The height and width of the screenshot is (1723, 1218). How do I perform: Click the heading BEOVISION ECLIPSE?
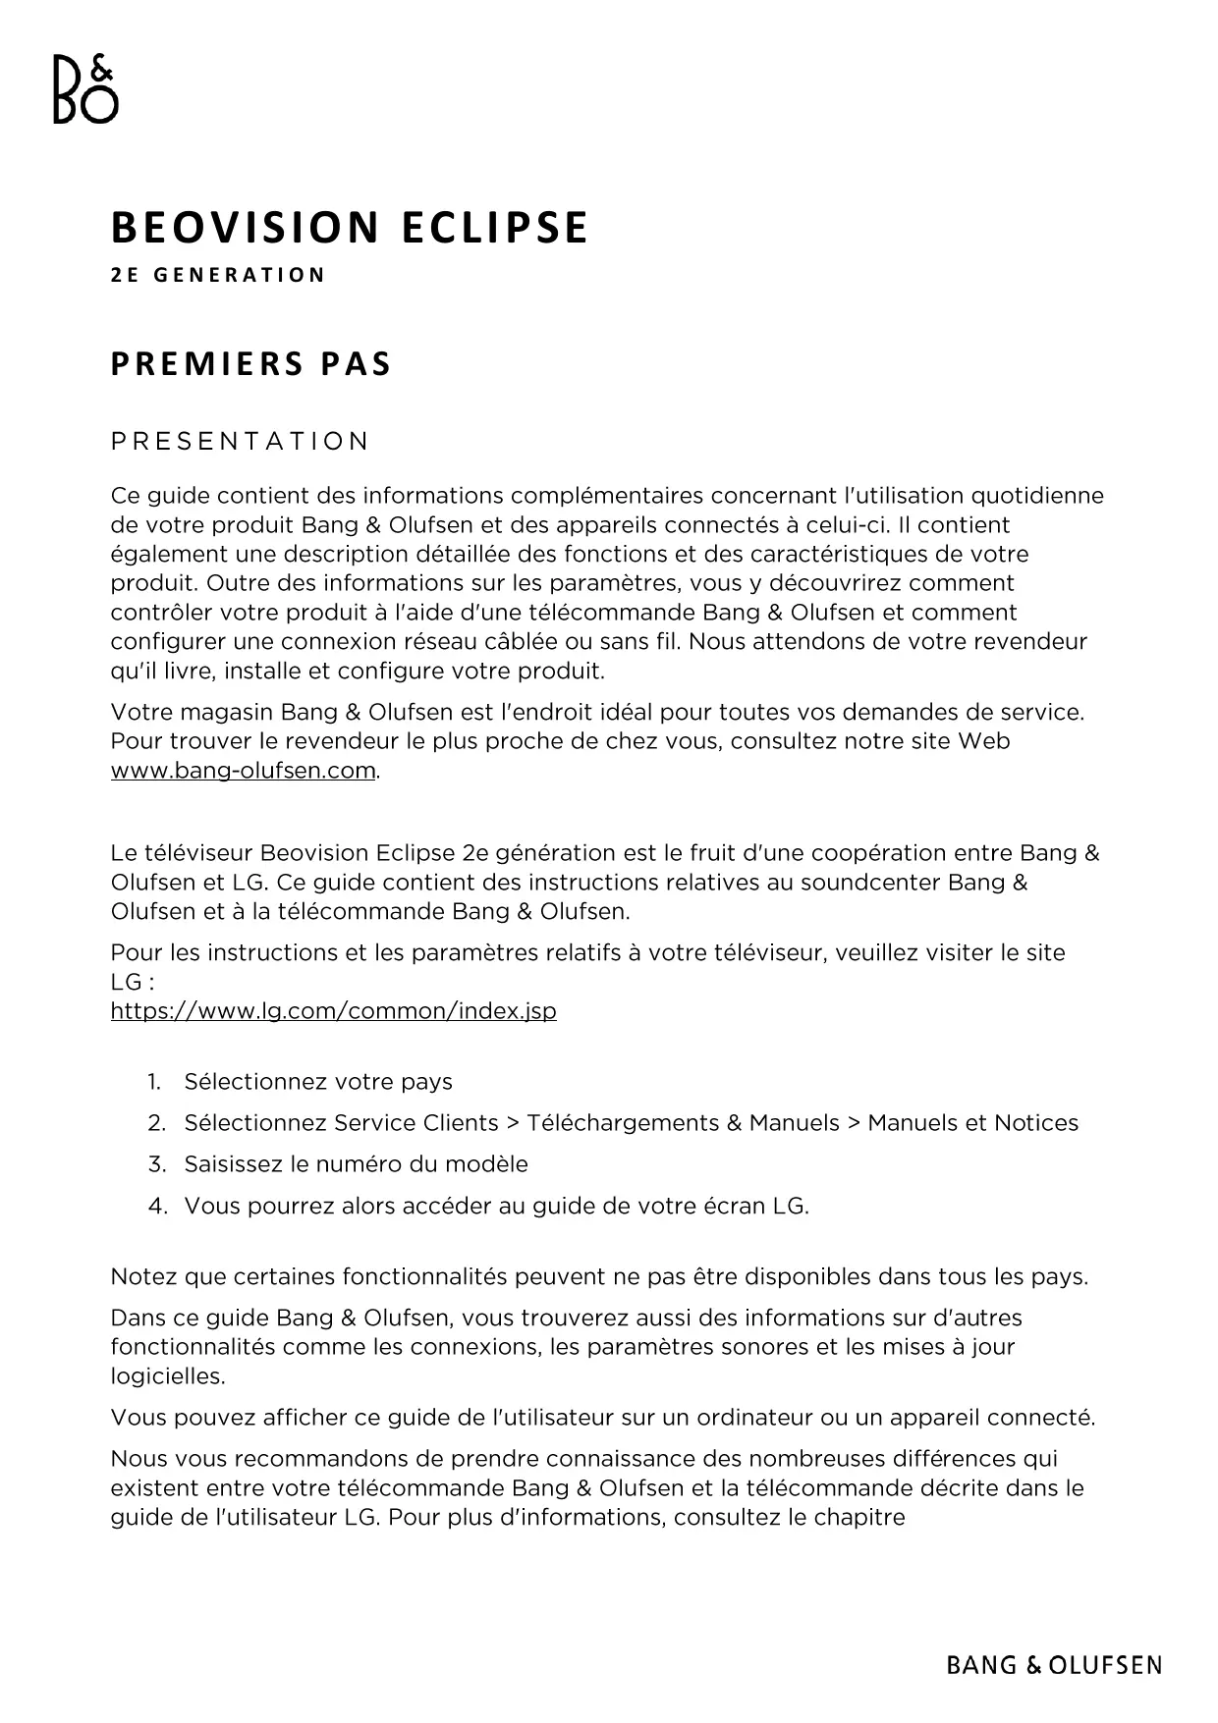pyautogui.click(x=349, y=228)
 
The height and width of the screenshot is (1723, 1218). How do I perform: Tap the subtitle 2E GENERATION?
pyautogui.click(x=217, y=275)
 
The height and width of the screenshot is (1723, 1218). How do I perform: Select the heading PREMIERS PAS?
pyautogui.click(x=250, y=364)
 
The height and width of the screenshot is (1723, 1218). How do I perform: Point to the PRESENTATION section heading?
pyautogui.click(x=240, y=442)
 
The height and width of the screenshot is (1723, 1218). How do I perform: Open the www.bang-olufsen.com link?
pyautogui.click(x=244, y=771)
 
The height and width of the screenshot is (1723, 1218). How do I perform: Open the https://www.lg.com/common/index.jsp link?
pyautogui.click(x=333, y=1011)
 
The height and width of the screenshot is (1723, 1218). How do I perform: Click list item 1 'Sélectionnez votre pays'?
pyautogui.click(x=318, y=1082)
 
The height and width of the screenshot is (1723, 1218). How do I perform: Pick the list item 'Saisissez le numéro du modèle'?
pyautogui.click(x=356, y=1164)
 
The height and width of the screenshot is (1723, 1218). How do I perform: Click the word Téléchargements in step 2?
pyautogui.click(x=623, y=1123)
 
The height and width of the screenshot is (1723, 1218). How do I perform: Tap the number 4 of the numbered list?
pyautogui.click(x=155, y=1206)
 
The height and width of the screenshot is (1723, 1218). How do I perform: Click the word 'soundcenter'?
pyautogui.click(x=869, y=882)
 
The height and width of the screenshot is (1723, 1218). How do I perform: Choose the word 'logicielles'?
pyautogui.click(x=167, y=1376)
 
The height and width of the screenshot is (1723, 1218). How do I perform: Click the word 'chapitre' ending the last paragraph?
pyautogui.click(x=858, y=1518)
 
